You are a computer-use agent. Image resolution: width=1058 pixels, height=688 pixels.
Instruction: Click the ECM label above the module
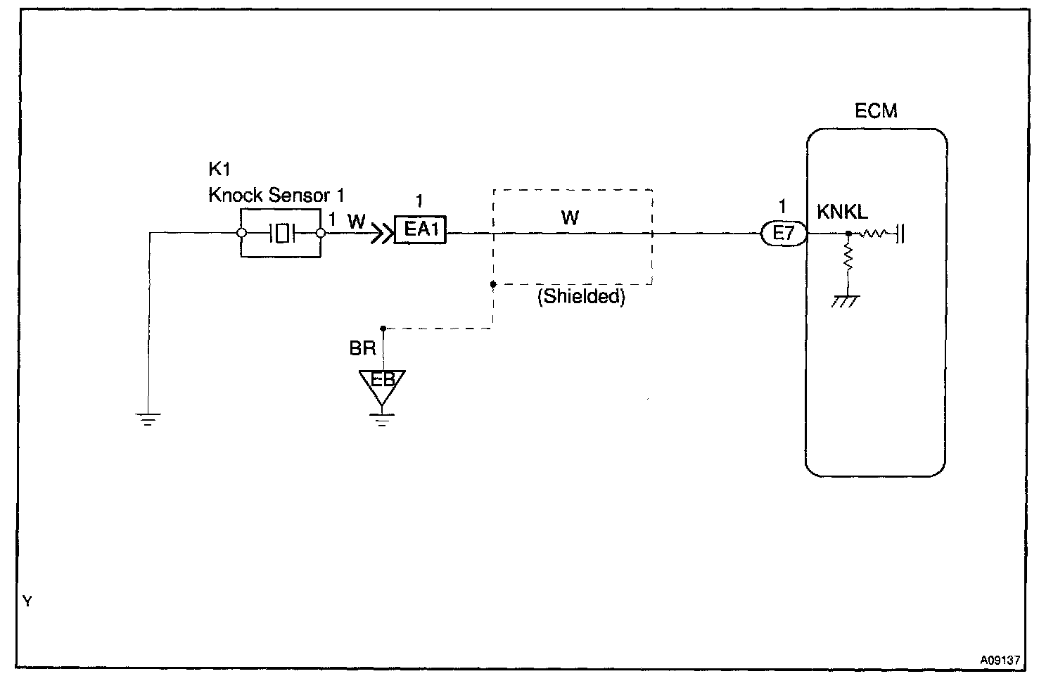876,111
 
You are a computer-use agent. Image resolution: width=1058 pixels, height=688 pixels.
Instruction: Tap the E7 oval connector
783,233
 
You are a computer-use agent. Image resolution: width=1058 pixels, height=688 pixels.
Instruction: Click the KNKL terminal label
842,212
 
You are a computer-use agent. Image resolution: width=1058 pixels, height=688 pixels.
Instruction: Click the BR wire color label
363,348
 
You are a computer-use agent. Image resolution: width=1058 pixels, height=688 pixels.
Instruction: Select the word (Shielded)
581,297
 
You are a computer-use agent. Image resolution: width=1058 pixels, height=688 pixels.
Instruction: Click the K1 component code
219,170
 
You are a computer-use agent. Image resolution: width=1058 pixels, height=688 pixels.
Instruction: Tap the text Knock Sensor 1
276,195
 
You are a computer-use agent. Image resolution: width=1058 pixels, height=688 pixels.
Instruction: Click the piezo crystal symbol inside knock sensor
282,233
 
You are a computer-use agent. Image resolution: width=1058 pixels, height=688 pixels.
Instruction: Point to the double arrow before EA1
382,231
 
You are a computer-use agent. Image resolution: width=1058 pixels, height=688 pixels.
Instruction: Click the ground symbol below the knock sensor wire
148,420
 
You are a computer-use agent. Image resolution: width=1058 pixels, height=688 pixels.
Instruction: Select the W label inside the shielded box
570,217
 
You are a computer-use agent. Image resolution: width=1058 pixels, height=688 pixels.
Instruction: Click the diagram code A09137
1000,661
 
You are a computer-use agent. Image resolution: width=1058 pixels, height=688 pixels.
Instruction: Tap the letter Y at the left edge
27,601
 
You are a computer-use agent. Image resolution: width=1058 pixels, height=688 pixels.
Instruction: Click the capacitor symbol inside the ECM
900,233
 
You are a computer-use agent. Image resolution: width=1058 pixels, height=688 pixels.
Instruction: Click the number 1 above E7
782,207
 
